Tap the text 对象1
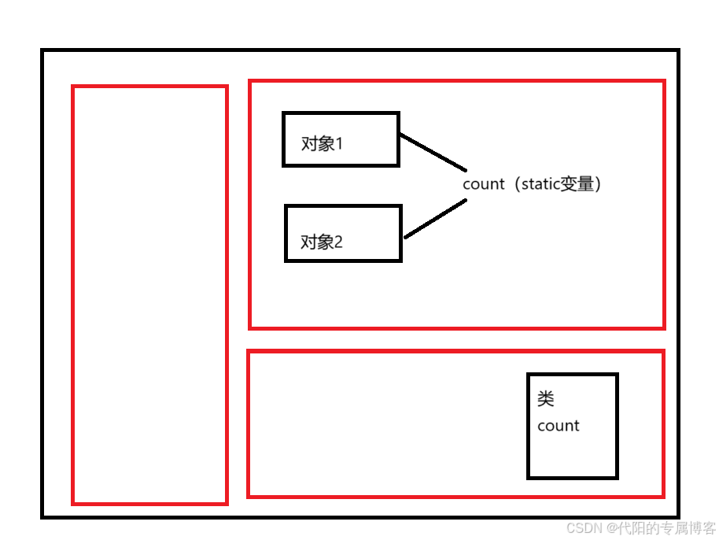tap(323, 144)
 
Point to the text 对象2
tap(322, 242)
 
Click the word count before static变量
tap(483, 184)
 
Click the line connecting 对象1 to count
tap(433, 153)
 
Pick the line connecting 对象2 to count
tap(435, 218)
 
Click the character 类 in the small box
tap(546, 399)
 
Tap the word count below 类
tap(559, 426)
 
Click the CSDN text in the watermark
tap(584, 527)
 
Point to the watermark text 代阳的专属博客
tap(667, 527)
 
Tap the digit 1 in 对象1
tap(339, 144)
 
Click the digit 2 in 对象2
tap(339, 242)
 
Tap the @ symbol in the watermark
tap(611, 527)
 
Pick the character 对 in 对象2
tap(308, 242)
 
